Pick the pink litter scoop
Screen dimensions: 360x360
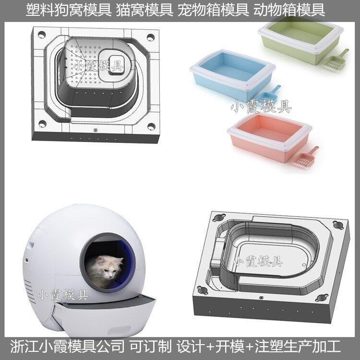pos(305,157)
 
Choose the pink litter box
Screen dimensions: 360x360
pos(269,137)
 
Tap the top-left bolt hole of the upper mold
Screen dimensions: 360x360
pos(41,35)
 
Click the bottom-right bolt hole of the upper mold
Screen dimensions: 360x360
pos(151,126)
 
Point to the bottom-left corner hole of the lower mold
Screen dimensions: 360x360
pos(203,290)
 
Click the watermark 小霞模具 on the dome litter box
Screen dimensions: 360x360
pos(63,295)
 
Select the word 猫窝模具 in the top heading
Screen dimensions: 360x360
pos(144,11)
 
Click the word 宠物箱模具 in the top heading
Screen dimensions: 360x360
pos(213,11)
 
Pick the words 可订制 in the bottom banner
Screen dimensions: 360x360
pos(150,347)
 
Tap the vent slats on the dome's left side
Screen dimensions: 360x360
pos(29,289)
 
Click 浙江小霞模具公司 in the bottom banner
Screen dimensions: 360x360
pos(67,347)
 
